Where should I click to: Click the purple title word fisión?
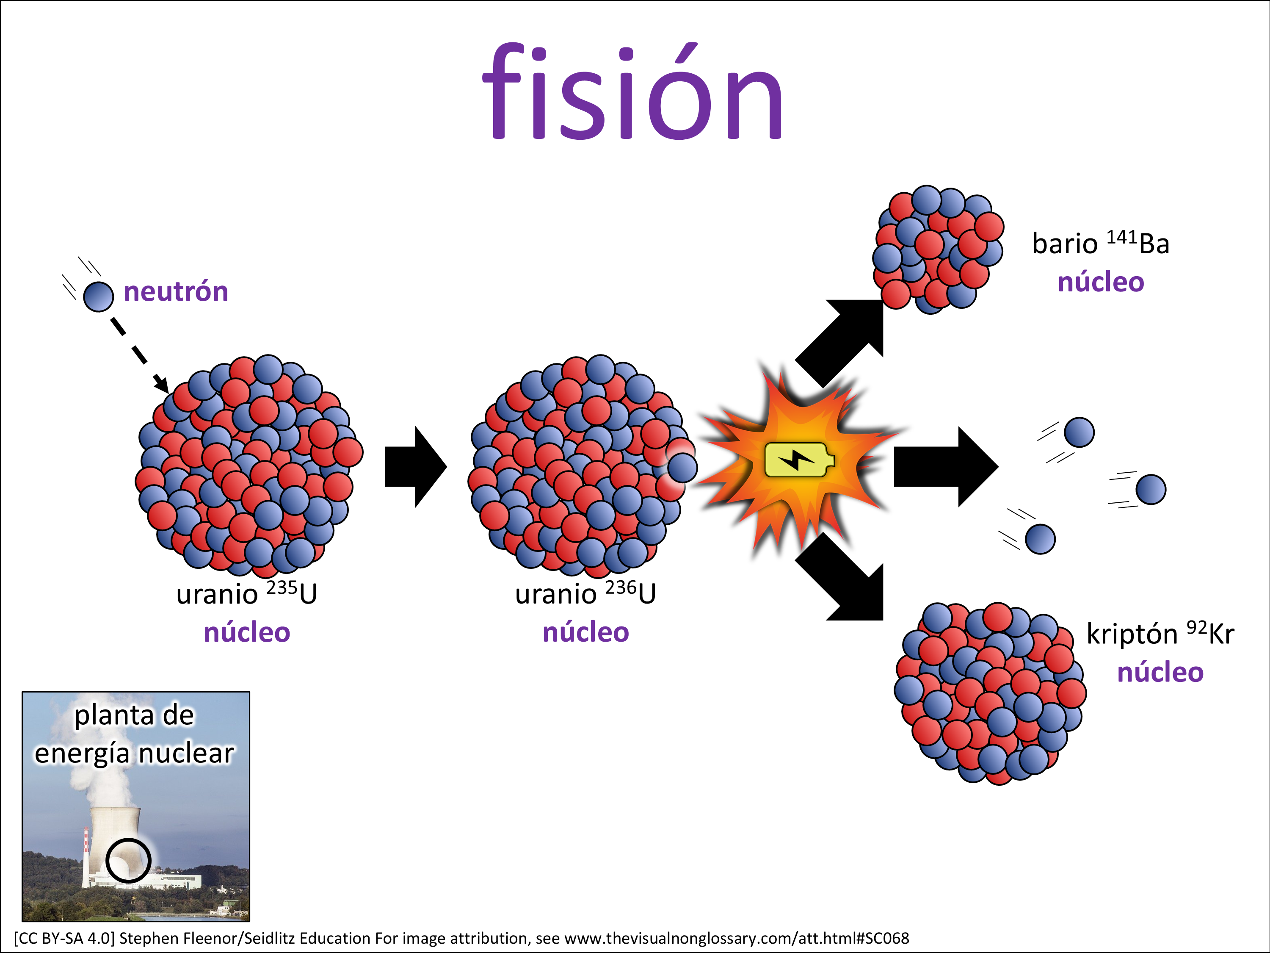coord(633,92)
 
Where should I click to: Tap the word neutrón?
coord(176,292)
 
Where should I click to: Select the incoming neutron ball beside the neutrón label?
coord(98,296)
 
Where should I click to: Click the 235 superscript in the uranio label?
coord(282,587)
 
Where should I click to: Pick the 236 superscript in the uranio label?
coord(621,587)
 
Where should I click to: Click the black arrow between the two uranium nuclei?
coord(414,466)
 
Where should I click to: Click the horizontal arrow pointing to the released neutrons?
coord(944,466)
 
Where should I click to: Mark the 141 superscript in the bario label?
coord(1121,237)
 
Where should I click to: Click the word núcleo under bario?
coord(1101,282)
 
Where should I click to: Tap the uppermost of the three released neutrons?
coord(1079,432)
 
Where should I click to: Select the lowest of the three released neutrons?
coord(1040,539)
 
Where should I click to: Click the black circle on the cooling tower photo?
coord(128,860)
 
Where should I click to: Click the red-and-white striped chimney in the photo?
coord(86,850)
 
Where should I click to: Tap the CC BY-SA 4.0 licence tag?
coord(64,938)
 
